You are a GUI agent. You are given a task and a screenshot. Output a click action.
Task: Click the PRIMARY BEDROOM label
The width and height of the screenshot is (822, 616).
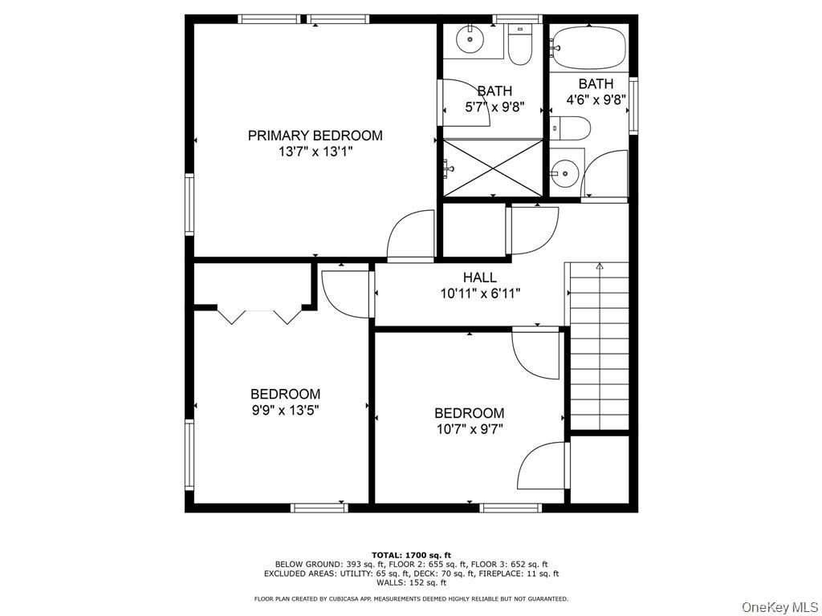pyautogui.click(x=315, y=136)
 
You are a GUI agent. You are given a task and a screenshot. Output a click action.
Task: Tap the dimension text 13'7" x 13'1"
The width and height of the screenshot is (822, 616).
pyautogui.click(x=315, y=152)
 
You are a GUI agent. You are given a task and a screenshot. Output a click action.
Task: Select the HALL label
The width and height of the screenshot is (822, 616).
pyautogui.click(x=479, y=278)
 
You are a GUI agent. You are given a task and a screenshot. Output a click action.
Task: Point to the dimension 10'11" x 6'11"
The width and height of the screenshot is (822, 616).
pyautogui.click(x=480, y=294)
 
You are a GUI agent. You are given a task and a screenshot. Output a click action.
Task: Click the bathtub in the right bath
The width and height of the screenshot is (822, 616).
pyautogui.click(x=588, y=47)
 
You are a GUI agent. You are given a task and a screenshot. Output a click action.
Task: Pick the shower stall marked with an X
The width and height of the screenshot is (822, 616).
pyautogui.click(x=493, y=167)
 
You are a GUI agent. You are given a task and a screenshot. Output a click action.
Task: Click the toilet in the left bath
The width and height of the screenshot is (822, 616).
pyautogui.click(x=519, y=47)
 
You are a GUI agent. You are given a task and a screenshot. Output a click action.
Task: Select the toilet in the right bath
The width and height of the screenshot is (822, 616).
pyautogui.click(x=572, y=128)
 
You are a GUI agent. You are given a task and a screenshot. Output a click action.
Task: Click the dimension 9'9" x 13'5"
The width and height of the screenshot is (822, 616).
pyautogui.click(x=285, y=410)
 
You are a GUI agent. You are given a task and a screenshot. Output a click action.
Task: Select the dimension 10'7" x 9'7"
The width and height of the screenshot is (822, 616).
pyautogui.click(x=469, y=429)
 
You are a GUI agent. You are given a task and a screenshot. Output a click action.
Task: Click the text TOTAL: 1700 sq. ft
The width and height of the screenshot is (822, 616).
pyautogui.click(x=411, y=555)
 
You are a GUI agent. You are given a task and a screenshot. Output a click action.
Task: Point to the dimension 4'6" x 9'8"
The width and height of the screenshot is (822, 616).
pyautogui.click(x=596, y=100)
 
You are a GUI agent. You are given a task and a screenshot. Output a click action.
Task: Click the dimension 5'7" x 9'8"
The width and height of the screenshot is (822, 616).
pyautogui.click(x=494, y=107)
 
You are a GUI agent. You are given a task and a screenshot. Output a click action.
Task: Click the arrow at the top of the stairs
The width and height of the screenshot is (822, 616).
pyautogui.click(x=599, y=265)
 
